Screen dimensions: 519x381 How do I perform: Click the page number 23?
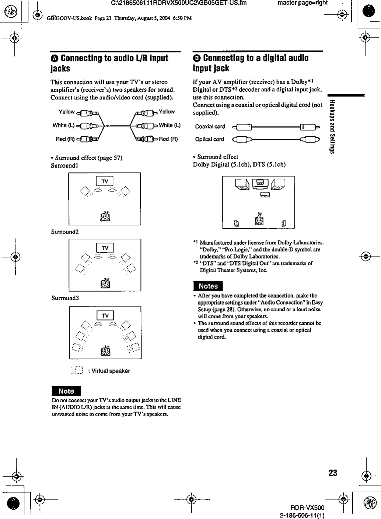click(332, 473)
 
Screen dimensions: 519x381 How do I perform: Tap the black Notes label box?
click(208, 286)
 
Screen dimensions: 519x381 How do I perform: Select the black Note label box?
click(66, 391)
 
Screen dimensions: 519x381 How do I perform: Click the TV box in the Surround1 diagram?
click(105, 181)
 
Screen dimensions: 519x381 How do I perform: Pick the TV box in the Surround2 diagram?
click(105, 248)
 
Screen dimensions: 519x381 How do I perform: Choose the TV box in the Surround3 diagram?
click(105, 315)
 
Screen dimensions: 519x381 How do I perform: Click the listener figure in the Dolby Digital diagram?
click(260, 218)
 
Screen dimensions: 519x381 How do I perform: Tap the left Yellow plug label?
click(66, 112)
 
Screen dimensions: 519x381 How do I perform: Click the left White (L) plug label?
click(63, 125)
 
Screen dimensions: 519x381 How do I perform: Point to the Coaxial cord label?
click(210, 126)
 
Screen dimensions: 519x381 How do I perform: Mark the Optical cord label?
click(209, 139)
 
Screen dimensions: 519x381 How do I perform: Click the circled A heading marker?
click(55, 58)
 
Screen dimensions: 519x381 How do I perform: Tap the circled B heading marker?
click(197, 58)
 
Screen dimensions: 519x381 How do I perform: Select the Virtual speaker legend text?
click(109, 371)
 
